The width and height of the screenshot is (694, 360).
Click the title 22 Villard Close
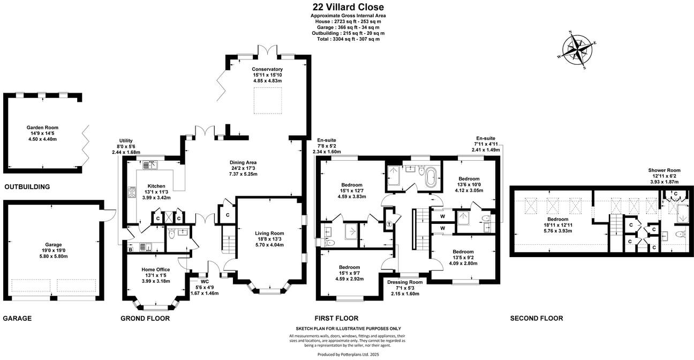click(348, 7)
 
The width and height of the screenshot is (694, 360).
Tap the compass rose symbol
click(577, 50)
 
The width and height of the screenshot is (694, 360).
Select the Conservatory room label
click(267, 69)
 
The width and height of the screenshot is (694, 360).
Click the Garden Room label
click(42, 127)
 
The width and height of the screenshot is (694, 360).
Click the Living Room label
click(269, 233)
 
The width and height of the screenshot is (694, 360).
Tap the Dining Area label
click(244, 162)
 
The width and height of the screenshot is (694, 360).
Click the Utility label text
click(125, 140)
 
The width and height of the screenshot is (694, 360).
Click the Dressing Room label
click(404, 282)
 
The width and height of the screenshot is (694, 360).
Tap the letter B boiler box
click(130, 249)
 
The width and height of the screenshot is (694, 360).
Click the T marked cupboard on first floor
click(389, 223)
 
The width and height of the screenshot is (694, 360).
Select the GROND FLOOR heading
click(145, 318)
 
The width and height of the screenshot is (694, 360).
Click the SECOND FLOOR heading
click(536, 318)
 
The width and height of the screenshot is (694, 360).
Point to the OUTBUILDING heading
click(27, 187)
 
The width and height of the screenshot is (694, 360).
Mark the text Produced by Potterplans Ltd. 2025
click(348, 355)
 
